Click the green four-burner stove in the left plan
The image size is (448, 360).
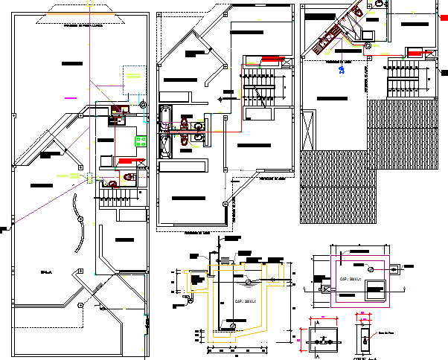(x=139, y=138)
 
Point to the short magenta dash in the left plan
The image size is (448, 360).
(x=71, y=97)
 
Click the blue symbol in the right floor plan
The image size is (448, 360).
(x=342, y=70)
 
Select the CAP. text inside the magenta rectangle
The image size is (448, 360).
(x=350, y=280)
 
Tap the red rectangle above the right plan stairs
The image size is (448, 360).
(x=414, y=52)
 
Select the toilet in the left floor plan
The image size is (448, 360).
(x=129, y=177)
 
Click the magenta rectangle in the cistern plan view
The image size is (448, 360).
(x=359, y=280)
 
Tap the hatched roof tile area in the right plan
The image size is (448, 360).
(x=335, y=186)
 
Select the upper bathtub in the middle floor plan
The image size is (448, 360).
(x=165, y=118)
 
